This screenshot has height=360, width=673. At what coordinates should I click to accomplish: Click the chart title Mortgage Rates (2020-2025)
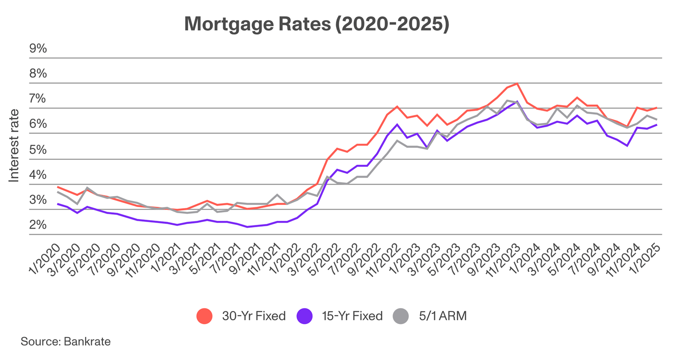click(x=316, y=24)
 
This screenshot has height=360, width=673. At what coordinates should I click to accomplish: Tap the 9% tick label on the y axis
click(x=38, y=49)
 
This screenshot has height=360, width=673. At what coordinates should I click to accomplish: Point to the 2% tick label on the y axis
click(x=38, y=225)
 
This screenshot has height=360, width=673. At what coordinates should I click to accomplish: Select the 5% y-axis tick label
click(x=38, y=150)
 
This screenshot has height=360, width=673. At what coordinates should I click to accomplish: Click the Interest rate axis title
click(x=14, y=145)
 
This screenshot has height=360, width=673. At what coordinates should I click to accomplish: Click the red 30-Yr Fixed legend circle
click(x=205, y=316)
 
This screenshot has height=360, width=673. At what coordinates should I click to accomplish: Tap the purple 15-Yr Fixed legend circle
click(x=305, y=316)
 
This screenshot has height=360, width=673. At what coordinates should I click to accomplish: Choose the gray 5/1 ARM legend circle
click(x=401, y=316)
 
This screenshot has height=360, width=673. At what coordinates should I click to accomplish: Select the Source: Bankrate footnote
click(x=65, y=341)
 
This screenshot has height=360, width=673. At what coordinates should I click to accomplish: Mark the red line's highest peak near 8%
click(x=516, y=84)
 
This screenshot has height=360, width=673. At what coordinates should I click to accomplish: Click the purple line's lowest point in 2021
click(x=247, y=227)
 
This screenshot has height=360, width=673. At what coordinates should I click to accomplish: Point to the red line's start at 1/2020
click(x=57, y=187)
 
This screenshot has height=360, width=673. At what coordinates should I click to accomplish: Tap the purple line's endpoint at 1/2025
click(x=657, y=125)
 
